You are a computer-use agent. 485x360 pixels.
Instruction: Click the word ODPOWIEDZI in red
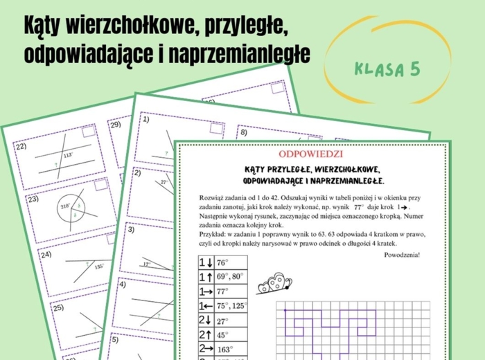(x=310, y=153)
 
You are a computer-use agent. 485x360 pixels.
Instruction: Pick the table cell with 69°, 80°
(x=229, y=277)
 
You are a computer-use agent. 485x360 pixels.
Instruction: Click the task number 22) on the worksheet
(x=21, y=147)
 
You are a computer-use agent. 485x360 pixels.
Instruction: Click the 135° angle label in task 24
(x=98, y=266)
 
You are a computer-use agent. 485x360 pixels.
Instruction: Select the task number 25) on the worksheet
(x=59, y=307)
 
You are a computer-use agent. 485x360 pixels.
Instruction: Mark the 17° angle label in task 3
(x=145, y=263)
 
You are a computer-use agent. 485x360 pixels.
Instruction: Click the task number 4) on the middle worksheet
(x=122, y=284)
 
